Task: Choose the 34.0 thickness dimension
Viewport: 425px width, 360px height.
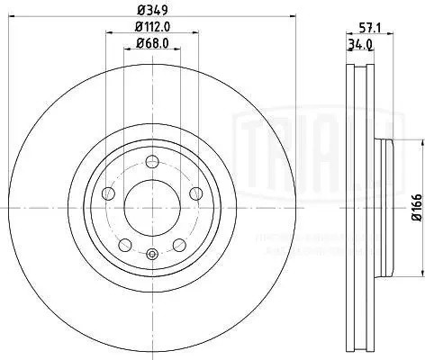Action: tap(360, 42)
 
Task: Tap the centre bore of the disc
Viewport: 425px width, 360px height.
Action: tap(151, 206)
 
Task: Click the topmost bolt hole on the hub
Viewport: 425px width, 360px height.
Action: tap(151, 162)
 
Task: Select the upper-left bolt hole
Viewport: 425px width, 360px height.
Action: tap(110, 193)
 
